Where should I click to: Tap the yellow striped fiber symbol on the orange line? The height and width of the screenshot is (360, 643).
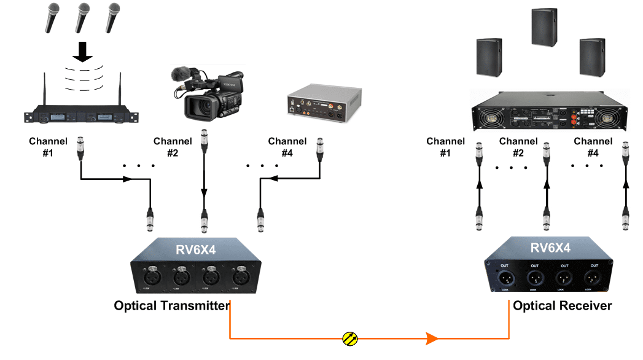pyautogui.click(x=350, y=338)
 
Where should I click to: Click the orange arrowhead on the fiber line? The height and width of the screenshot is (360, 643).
pyautogui.click(x=432, y=338)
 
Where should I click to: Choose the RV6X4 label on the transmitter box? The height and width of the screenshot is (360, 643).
pyautogui.click(x=195, y=250)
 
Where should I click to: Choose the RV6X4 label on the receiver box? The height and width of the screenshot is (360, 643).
pyautogui.click(x=551, y=249)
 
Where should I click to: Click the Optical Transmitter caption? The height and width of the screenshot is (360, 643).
pyautogui.click(x=172, y=305)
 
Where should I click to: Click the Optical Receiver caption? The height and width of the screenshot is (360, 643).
pyautogui.click(x=562, y=305)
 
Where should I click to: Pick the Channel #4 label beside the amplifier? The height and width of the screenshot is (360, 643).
pyautogui.click(x=593, y=147)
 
